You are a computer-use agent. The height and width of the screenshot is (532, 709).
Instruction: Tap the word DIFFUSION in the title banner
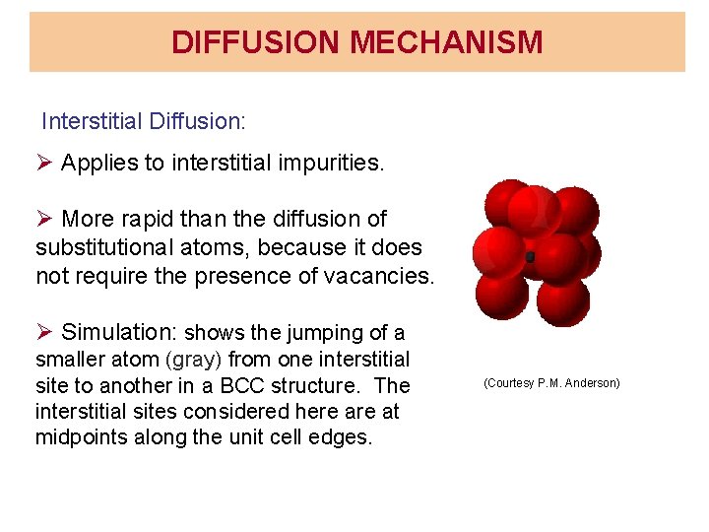click(x=257, y=42)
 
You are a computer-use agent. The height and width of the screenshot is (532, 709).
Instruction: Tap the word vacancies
click(x=377, y=276)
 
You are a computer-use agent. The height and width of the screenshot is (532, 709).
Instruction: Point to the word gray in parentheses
click(x=195, y=360)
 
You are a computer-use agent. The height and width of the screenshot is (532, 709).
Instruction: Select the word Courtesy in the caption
click(x=510, y=382)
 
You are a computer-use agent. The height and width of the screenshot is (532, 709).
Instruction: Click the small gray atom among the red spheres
click(x=531, y=257)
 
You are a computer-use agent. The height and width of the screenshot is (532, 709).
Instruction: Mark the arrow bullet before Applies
click(x=45, y=164)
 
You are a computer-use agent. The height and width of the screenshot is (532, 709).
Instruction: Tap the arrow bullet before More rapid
click(x=45, y=219)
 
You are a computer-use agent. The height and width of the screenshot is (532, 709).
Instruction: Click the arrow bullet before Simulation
click(x=45, y=332)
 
